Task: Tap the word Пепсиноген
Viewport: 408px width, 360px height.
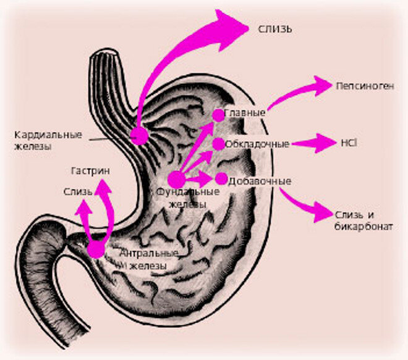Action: [x=364, y=86]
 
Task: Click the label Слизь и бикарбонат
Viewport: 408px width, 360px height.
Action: [x=363, y=220]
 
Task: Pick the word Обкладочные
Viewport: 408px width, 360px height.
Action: [x=257, y=144]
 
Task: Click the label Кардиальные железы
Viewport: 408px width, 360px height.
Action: [x=41, y=140]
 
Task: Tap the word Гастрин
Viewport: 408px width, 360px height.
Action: [x=87, y=170]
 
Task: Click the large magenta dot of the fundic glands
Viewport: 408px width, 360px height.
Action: [x=177, y=179]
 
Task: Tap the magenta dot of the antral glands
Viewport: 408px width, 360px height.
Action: [x=96, y=249]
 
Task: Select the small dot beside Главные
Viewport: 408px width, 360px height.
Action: [x=218, y=115]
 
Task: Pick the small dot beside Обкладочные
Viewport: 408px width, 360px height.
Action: [x=218, y=144]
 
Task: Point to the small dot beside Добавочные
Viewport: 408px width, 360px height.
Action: [x=221, y=179]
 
